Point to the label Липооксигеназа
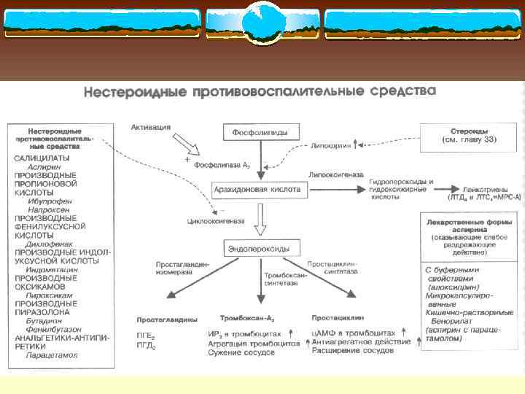coord(333,174)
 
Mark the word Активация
coord(151,126)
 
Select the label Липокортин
coord(330,145)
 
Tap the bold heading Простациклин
coord(334,319)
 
